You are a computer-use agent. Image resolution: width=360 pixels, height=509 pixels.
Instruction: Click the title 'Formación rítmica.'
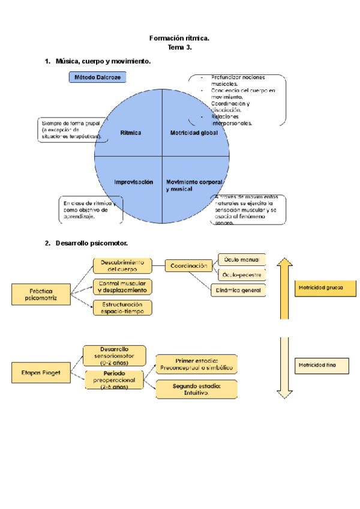click(x=179, y=38)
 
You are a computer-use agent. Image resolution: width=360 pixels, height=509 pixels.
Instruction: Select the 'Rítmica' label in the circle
click(x=131, y=133)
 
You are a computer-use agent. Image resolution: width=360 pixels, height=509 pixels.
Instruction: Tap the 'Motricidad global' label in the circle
click(x=194, y=133)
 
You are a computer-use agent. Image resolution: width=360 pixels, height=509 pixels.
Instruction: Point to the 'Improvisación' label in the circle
click(x=134, y=181)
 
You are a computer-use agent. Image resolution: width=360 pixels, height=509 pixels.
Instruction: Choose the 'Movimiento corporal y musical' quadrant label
click(x=188, y=185)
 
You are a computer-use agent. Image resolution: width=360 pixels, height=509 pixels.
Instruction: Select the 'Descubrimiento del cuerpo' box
click(x=122, y=266)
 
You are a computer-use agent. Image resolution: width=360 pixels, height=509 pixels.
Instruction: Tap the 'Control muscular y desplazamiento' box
click(x=122, y=286)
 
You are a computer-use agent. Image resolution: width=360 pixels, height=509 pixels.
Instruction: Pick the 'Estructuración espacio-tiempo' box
click(x=122, y=307)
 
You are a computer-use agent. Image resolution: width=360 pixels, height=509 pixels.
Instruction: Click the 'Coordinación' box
click(x=188, y=265)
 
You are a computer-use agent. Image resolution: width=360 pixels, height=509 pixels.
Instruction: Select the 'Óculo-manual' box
click(x=241, y=259)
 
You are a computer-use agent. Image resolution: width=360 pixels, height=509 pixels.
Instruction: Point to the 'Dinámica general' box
click(x=238, y=290)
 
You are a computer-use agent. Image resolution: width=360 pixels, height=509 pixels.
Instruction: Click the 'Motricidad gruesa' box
click(x=321, y=288)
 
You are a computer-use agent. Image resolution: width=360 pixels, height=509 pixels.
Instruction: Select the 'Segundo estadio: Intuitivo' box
click(x=196, y=389)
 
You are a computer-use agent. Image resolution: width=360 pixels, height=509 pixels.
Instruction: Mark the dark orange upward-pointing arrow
click(x=284, y=288)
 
